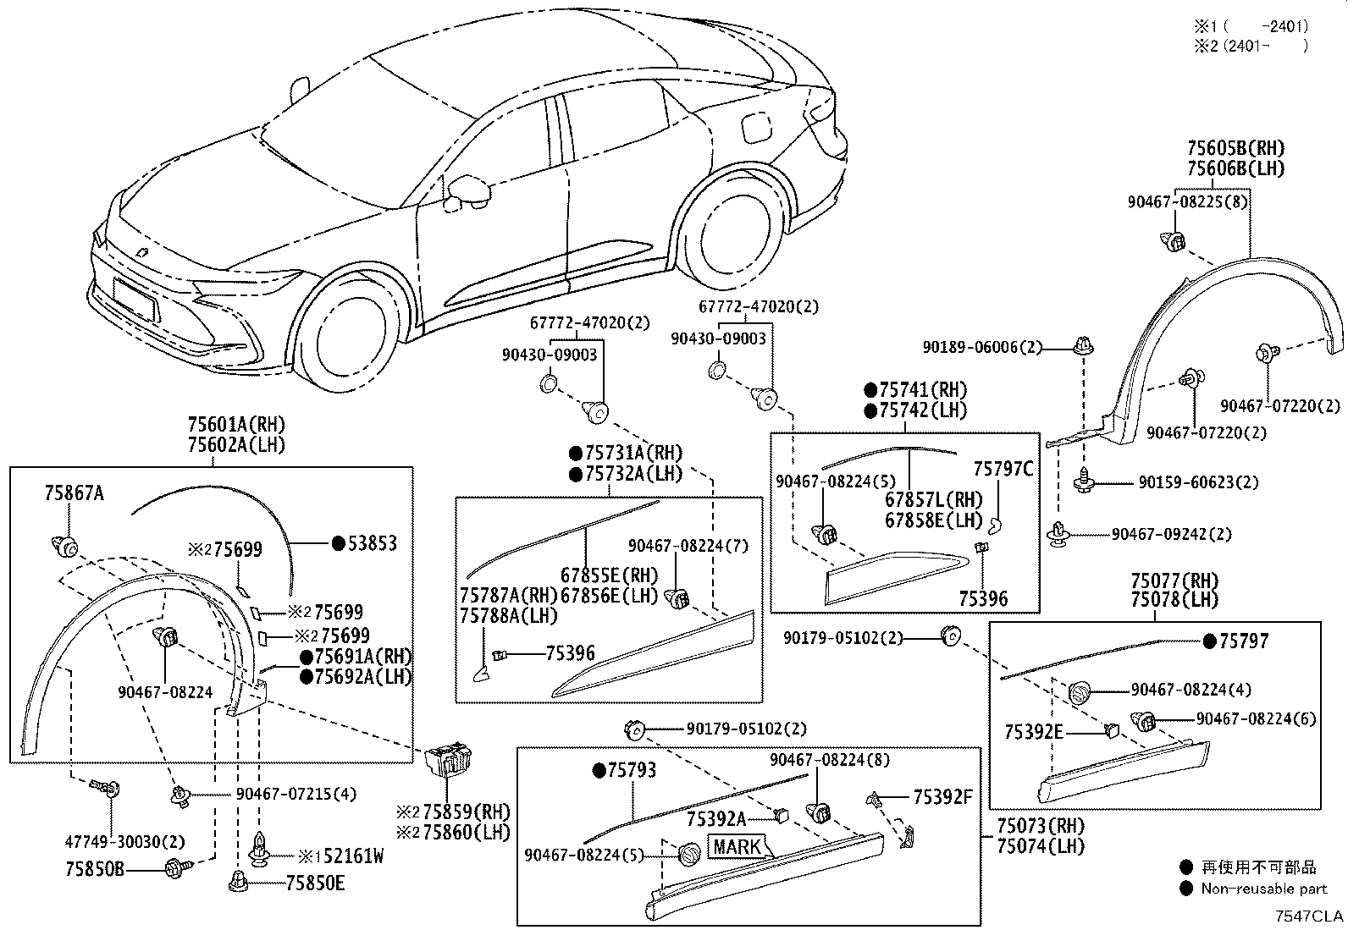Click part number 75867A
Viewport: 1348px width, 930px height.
pyautogui.click(x=75, y=492)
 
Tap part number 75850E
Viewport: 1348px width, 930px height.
pyautogui.click(x=315, y=883)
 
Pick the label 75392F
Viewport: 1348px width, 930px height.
pyautogui.click(x=942, y=796)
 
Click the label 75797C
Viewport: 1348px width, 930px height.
pyautogui.click(x=1003, y=469)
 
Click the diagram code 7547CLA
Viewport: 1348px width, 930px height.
pyautogui.click(x=1311, y=916)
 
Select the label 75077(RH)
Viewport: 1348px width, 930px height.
pyautogui.click(x=1174, y=581)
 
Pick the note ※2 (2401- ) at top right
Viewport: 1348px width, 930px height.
pyautogui.click(x=1251, y=46)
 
